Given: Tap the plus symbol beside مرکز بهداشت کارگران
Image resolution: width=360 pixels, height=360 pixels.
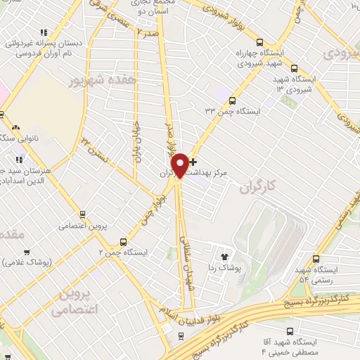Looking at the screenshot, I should [x=193, y=162].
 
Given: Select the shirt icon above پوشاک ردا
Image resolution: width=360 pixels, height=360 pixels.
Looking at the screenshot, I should [x=225, y=257].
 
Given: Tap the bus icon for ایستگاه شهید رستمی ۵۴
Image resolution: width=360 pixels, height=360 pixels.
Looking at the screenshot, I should [x=316, y=258].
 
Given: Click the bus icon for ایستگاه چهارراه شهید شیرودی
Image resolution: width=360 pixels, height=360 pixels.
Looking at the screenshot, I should [x=259, y=42].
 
